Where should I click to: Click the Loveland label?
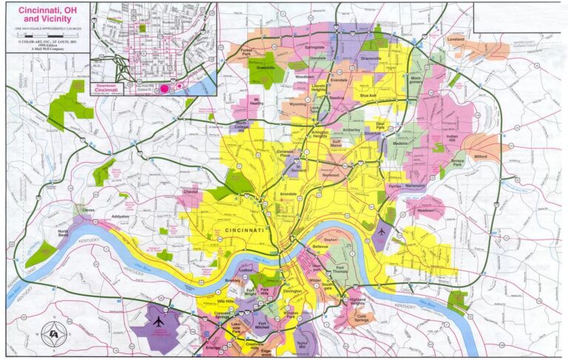point(456,39)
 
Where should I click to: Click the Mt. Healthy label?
point(257,101)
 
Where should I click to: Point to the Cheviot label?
point(192,192)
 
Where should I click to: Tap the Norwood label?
point(331,176)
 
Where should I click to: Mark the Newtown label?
point(426,211)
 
